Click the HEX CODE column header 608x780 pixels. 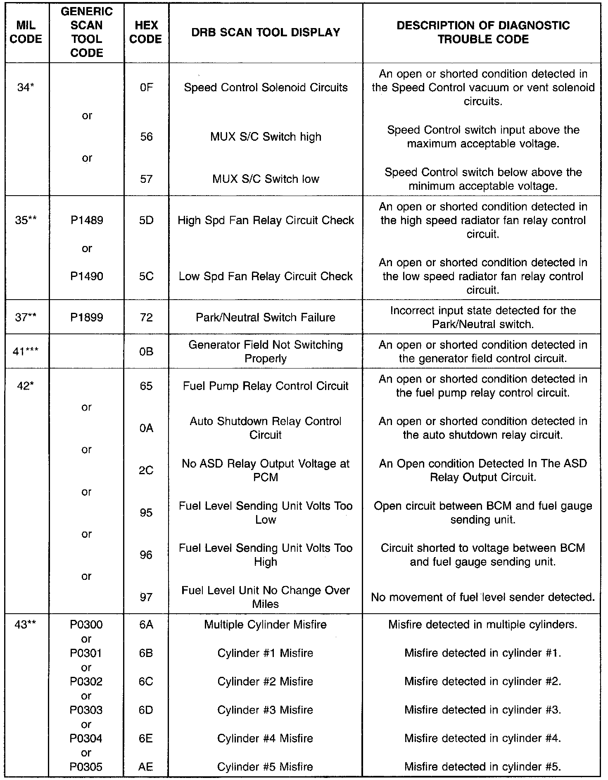click(x=146, y=33)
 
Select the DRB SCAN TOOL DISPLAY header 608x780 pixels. click(x=266, y=33)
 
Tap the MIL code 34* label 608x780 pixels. click(x=26, y=87)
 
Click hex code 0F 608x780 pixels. click(x=146, y=87)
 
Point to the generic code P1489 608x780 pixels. click(x=86, y=220)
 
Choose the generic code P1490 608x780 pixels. click(x=86, y=276)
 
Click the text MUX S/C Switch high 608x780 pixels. click(x=266, y=137)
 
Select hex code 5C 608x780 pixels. click(x=146, y=276)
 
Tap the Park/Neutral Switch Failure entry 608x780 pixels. click(x=266, y=317)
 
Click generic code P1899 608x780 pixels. click(x=86, y=317)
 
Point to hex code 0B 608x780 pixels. click(x=146, y=352)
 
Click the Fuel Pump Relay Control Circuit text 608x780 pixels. click(x=266, y=386)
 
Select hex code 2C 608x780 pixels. click(x=146, y=470)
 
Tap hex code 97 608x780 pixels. click(x=146, y=597)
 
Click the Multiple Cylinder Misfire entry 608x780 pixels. click(x=266, y=625)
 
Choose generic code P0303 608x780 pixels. click(x=86, y=710)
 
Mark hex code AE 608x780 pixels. click(x=146, y=767)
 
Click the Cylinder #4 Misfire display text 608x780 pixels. click(x=266, y=738)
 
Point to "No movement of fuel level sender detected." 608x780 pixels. click(x=483, y=597)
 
